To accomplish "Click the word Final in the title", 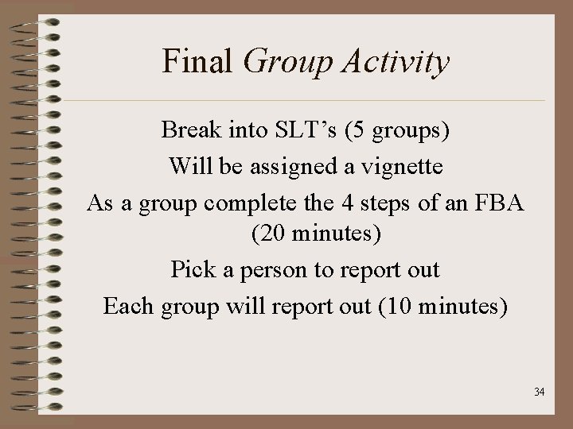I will tap(199, 61).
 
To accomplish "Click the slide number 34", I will tap(539, 392).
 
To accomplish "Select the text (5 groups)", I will tap(399, 130).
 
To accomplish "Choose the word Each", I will tap(127, 306).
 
